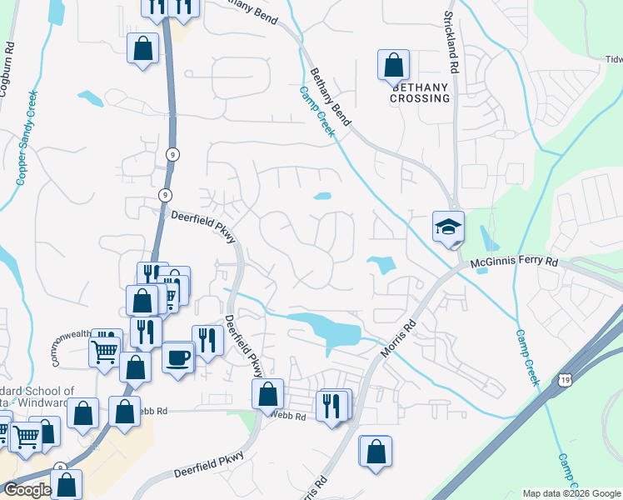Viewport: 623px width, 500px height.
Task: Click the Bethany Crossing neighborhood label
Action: click(421, 92)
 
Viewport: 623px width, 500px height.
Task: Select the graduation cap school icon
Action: click(448, 226)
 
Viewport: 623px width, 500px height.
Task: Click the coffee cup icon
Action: click(178, 358)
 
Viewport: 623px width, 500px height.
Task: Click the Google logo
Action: click(27, 490)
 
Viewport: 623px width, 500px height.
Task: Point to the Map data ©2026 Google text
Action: click(572, 493)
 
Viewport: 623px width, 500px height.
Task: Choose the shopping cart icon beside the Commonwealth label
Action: click(105, 350)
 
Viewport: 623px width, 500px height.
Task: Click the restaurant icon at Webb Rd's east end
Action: click(333, 406)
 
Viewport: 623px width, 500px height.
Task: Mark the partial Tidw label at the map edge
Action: click(613, 59)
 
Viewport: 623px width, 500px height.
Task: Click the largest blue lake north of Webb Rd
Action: click(327, 327)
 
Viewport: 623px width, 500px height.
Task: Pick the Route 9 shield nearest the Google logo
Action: click(60, 468)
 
